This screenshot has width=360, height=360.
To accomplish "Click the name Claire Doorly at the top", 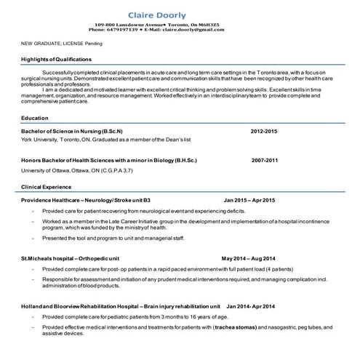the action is coord(156,15).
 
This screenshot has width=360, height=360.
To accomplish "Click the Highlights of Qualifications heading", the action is coord(56,59).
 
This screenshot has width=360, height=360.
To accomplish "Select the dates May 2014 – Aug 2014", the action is coord(249,258).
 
